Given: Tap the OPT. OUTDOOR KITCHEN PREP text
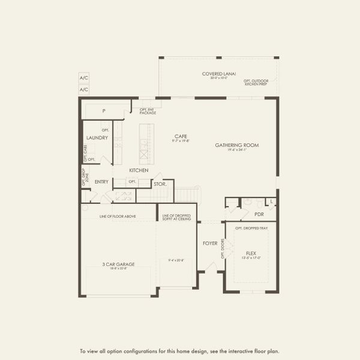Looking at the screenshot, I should (256, 82).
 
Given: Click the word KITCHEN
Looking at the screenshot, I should (139, 170).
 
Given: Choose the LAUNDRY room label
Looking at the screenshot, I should (97, 138).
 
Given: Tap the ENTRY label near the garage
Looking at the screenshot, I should (101, 182).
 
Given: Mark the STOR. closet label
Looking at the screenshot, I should (159, 184).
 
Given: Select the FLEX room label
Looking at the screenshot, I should (251, 254).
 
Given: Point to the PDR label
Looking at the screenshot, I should (259, 214).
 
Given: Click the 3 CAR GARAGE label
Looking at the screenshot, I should (118, 264).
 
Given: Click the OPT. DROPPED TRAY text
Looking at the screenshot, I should (251, 229).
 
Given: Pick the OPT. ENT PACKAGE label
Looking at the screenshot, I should (148, 111).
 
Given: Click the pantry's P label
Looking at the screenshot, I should (104, 111).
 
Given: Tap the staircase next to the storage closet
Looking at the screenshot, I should (187, 195).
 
